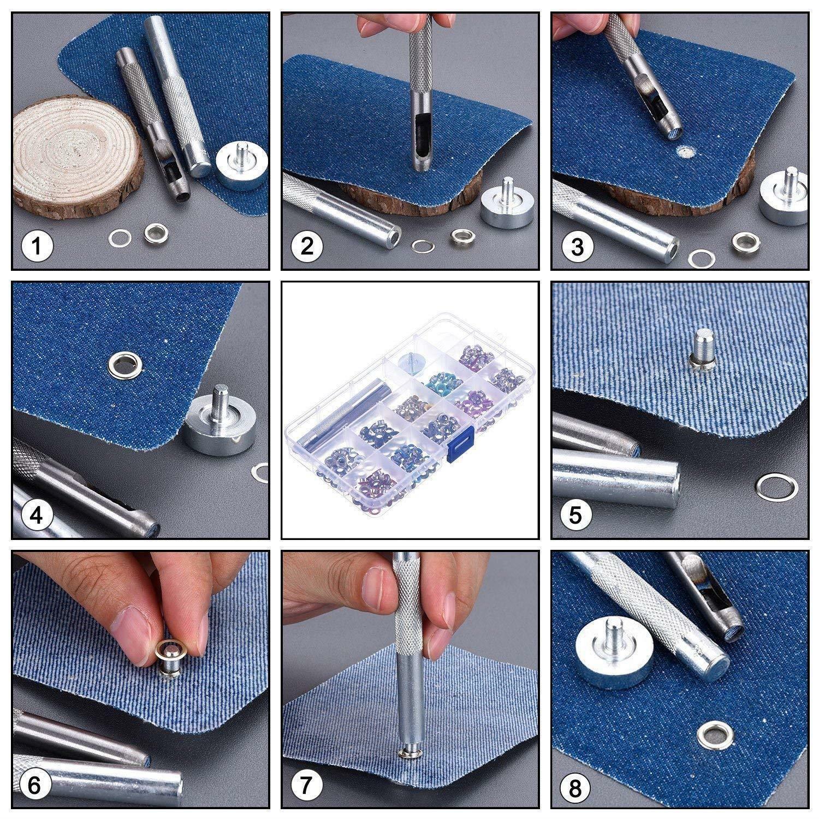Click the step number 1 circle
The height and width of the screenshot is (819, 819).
37,247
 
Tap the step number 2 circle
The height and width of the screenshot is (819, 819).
307,247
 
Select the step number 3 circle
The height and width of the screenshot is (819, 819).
577,247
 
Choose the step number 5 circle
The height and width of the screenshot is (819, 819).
577,515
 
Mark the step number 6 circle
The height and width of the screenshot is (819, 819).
34,786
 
